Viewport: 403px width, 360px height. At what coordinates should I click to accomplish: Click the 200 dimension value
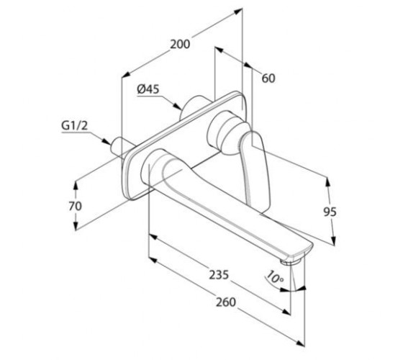180,45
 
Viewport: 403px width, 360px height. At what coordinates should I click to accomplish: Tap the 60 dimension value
268,78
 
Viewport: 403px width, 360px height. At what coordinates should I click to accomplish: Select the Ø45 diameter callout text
148,89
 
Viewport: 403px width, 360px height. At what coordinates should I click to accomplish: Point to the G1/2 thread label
75,126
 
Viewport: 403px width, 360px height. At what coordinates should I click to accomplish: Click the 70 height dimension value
75,206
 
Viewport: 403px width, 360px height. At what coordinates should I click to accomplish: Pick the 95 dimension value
330,212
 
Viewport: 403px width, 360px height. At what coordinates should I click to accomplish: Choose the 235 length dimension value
219,274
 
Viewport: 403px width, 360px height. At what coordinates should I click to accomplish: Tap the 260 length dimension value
226,302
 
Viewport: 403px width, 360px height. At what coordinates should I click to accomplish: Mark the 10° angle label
274,277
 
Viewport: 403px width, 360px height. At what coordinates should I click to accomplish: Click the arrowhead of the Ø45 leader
178,107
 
